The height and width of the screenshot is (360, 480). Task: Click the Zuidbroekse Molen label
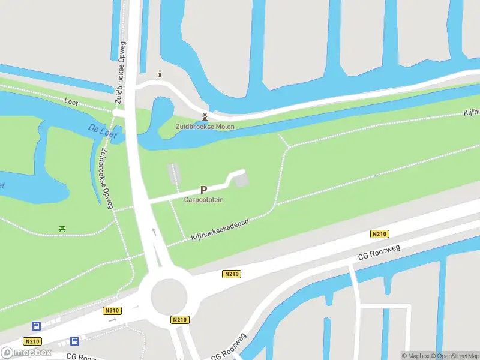pyautogui.click(x=205, y=127)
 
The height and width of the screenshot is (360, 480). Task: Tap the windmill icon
pyautogui.click(x=205, y=116)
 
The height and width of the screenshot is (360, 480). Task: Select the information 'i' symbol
pyautogui.click(x=159, y=74)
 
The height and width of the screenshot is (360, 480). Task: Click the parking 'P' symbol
pyautogui.click(x=203, y=190)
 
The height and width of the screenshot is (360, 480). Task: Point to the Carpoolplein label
pyautogui.click(x=203, y=200)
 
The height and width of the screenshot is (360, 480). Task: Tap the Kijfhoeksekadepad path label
pyautogui.click(x=219, y=230)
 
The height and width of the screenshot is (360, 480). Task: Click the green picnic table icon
pyautogui.click(x=62, y=228)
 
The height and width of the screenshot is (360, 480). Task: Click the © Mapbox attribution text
pyautogui.click(x=416, y=356)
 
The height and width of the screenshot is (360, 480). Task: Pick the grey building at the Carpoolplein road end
pyautogui.click(x=240, y=179)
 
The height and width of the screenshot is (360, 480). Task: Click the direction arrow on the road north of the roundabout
pyautogui.click(x=154, y=231)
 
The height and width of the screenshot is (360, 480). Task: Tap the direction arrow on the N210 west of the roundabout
pyautogui.click(x=112, y=320)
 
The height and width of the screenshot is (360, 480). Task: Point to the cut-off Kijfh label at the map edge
pyautogui.click(x=472, y=113)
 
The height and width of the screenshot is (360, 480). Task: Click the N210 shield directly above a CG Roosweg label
pyautogui.click(x=379, y=234)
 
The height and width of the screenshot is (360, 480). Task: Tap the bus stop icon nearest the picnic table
pyautogui.click(x=36, y=326)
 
